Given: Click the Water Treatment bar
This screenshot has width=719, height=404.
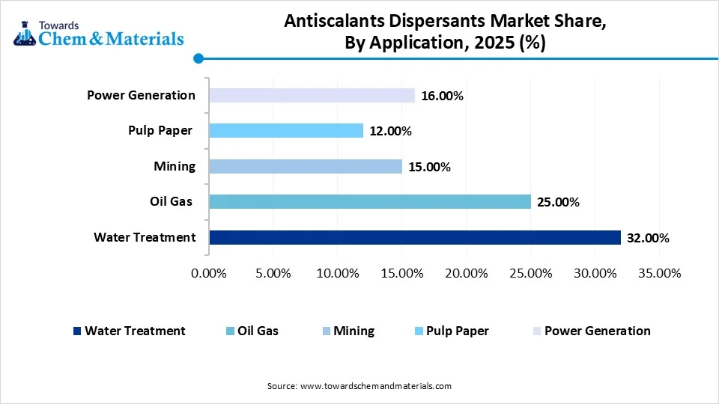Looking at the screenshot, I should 415,237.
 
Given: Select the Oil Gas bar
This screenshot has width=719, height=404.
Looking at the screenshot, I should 370,201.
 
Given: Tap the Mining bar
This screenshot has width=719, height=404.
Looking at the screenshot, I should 306,166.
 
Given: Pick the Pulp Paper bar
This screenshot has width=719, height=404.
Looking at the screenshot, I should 286,131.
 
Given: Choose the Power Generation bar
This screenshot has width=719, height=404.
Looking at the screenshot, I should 312,95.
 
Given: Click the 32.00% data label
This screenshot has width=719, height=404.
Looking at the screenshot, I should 647,238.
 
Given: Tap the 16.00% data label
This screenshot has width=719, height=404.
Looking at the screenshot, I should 442,96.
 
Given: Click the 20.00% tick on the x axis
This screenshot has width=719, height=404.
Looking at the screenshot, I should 466,273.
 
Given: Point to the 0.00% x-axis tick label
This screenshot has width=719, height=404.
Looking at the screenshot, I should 209,273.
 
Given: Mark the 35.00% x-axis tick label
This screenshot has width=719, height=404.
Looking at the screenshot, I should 658,273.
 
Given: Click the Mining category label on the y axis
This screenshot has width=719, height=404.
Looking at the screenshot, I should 175,166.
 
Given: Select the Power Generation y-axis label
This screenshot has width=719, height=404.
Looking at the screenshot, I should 141,95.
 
